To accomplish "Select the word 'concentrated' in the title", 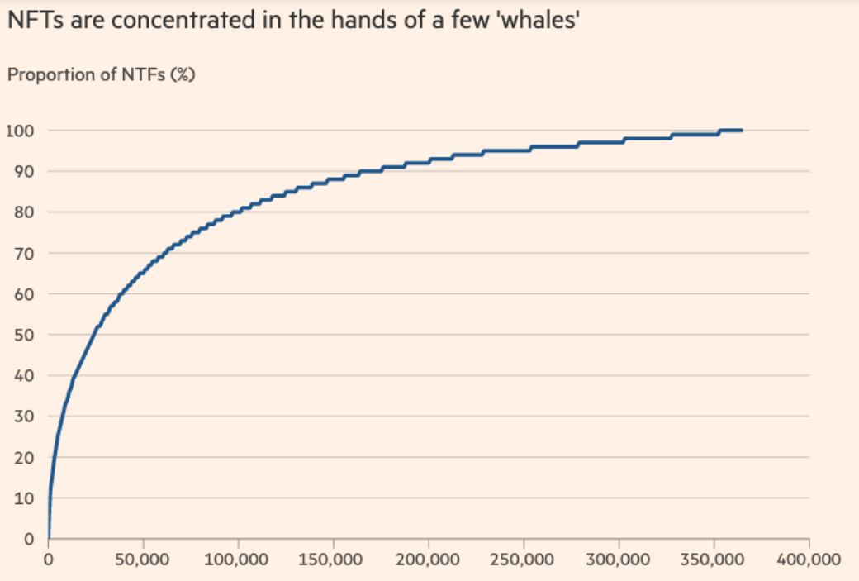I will point(183,20).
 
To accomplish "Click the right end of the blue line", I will point(742,131).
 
